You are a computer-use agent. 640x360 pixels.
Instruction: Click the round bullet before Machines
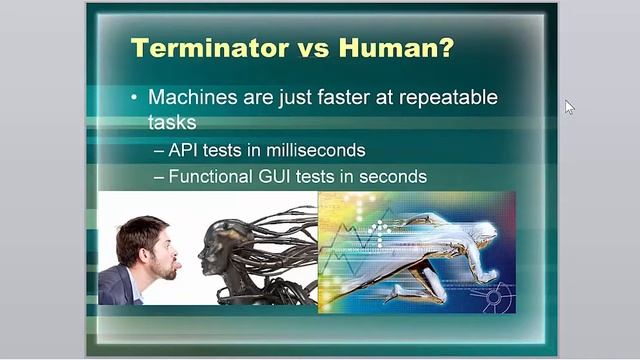(135, 98)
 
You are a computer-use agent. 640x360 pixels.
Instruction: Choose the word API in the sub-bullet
(186, 150)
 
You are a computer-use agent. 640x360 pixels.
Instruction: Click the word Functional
(209, 176)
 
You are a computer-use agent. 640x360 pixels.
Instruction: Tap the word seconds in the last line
(392, 176)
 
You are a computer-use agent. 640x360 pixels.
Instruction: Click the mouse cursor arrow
(570, 107)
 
